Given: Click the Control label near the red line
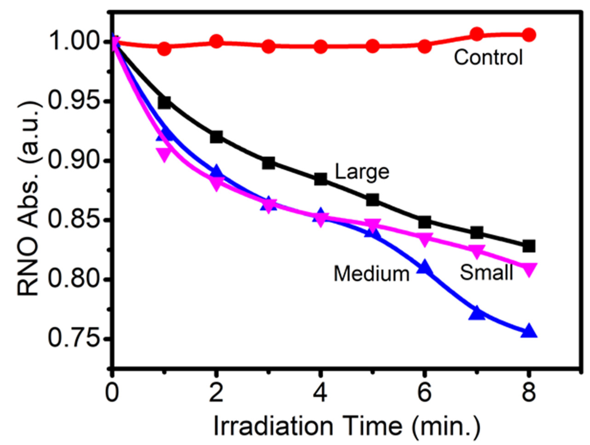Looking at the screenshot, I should [488, 58].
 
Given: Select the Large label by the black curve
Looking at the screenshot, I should [362, 172].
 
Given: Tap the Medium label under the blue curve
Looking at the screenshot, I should [372, 274].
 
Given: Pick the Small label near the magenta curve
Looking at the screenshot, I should [487, 273].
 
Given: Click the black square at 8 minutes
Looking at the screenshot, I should [529, 246].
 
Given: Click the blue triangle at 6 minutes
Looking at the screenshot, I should [425, 267].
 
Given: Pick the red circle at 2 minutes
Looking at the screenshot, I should [216, 41].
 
